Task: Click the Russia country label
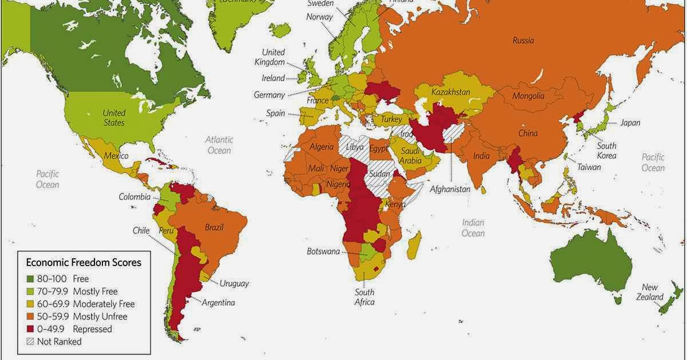point(523,41)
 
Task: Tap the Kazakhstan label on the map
point(451,92)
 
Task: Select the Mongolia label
point(528,96)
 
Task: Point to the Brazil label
point(214,227)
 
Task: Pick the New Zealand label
point(652,292)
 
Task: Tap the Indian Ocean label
point(473,228)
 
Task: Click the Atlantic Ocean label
point(219,145)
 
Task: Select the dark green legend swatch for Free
point(30,279)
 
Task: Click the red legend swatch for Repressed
point(30,329)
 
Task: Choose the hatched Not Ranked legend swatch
point(30,342)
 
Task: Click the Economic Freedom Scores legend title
point(84,263)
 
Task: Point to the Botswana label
point(324,251)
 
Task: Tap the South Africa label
point(364,297)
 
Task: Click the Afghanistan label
point(450,189)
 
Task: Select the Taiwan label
point(589,167)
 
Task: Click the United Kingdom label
point(273,57)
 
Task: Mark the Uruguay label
point(234,283)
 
